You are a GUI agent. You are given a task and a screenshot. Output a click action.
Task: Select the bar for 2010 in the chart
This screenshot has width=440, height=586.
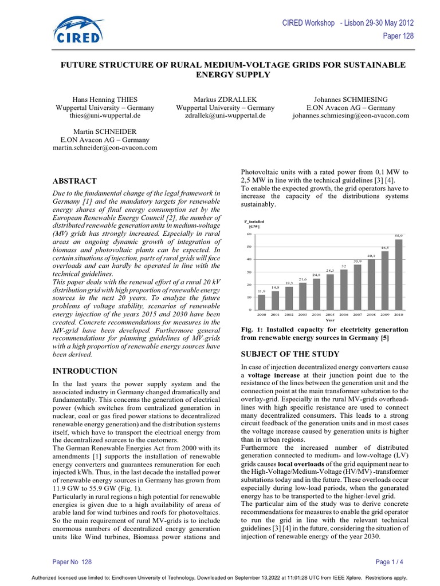point(399,275)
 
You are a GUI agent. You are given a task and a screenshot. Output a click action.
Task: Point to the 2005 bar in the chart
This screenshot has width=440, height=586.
point(330,292)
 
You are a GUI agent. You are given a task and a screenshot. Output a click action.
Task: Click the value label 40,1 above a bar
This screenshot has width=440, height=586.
point(371,255)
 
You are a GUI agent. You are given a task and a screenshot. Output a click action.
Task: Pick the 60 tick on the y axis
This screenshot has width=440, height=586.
point(249,234)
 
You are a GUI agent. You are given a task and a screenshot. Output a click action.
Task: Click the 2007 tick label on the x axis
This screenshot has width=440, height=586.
point(357,315)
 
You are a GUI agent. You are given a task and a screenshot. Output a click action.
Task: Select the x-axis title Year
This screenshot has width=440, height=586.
point(330,320)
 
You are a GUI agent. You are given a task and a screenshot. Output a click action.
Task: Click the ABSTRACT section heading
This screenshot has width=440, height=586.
point(74,181)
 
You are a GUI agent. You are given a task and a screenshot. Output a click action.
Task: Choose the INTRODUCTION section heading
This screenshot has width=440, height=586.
point(85,371)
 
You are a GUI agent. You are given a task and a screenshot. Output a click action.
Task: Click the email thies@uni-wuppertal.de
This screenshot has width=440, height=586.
point(105,116)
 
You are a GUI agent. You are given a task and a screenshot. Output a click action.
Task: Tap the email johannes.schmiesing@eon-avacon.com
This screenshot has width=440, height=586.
point(359,116)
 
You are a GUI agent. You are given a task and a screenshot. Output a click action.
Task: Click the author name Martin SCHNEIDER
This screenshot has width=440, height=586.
point(105,132)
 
